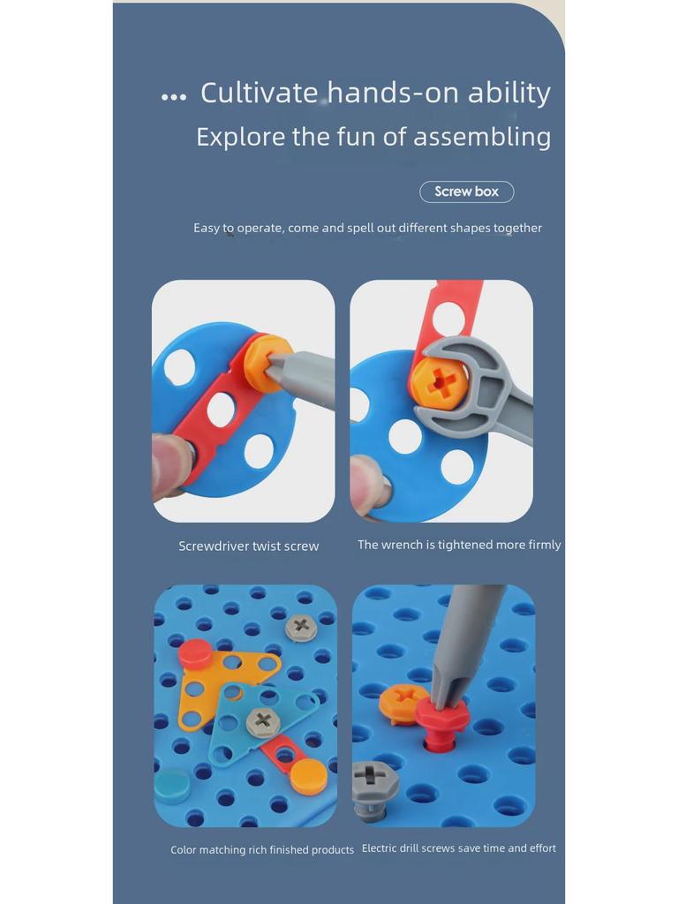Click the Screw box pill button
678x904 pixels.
(466, 192)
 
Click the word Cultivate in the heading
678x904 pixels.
(259, 93)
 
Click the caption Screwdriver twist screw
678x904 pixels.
(248, 546)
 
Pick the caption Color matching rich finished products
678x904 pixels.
(262, 849)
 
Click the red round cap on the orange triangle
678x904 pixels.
(195, 654)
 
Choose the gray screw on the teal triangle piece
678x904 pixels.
(262, 721)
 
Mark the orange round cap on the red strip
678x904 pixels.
(308, 775)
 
